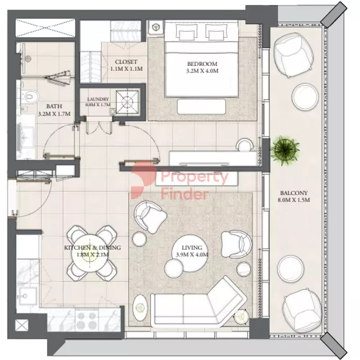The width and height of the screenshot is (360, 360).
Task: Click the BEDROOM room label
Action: pyautogui.click(x=202, y=63)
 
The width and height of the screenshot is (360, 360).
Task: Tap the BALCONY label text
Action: pyautogui.click(x=294, y=193)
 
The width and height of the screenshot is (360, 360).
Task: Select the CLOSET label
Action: pyautogui.click(x=126, y=62)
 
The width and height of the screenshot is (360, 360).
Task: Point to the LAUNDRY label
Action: pyautogui.click(x=98, y=99)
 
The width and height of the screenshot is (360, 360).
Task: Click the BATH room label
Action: pyautogui.click(x=54, y=106)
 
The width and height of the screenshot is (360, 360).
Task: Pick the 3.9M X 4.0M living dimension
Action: pyautogui.click(x=192, y=254)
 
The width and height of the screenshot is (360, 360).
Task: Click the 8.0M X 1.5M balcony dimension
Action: pyautogui.click(x=294, y=200)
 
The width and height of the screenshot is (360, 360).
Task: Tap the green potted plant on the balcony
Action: pyautogui.click(x=285, y=150)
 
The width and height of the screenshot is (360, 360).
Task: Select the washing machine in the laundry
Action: pyautogui.click(x=127, y=102)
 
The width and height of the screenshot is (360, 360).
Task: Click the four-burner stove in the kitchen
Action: pyautogui.click(x=87, y=321)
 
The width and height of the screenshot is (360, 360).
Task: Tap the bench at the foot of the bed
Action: pyautogui.click(x=201, y=106)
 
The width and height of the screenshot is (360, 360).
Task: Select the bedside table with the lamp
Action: pyautogui.click(x=156, y=27)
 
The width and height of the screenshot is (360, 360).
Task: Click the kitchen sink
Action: pyautogui.click(x=28, y=296)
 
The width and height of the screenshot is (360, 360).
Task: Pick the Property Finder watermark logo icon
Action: pyautogui.click(x=143, y=180)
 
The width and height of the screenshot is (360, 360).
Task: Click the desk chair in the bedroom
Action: pyautogui.click(x=245, y=145)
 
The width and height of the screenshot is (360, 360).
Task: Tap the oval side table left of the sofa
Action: pyautogui.click(x=140, y=307)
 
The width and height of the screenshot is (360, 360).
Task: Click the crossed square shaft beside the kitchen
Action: pyautogui.click(x=22, y=325)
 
